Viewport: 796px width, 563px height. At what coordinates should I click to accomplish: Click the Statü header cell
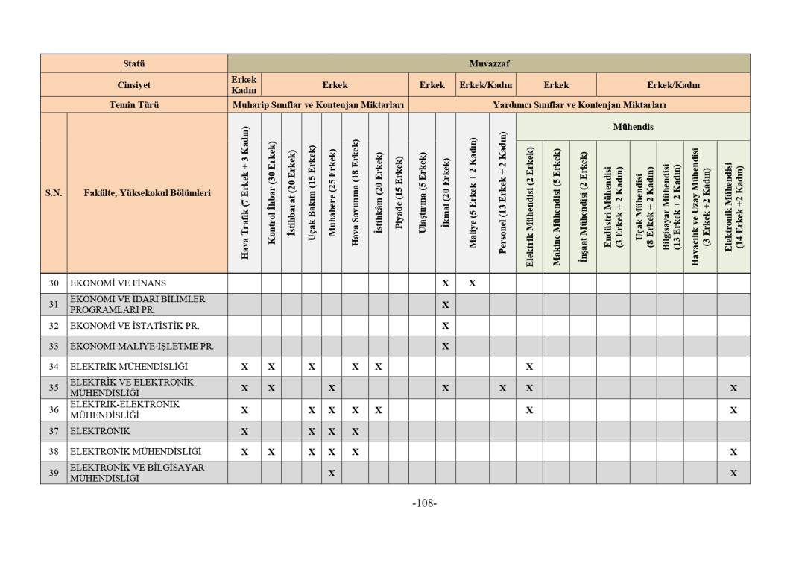pyautogui.click(x=134, y=63)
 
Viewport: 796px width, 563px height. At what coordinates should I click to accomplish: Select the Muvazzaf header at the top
pyautogui.click(x=489, y=63)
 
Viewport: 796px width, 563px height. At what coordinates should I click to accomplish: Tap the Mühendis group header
pyautogui.click(x=633, y=127)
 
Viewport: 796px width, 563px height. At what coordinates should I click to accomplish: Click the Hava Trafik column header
pyautogui.click(x=244, y=193)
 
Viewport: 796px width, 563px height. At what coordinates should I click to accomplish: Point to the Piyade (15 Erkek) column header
pyautogui.click(x=399, y=193)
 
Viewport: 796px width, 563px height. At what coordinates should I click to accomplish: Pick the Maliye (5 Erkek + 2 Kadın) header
pyautogui.click(x=473, y=193)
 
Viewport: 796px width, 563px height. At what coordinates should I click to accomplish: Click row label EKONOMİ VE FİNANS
pyautogui.click(x=118, y=283)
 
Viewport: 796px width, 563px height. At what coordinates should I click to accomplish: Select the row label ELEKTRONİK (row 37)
pyautogui.click(x=100, y=431)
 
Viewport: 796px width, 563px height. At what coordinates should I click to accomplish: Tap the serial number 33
pyautogui.click(x=54, y=346)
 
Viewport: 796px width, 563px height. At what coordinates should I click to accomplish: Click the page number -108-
pyautogui.click(x=424, y=503)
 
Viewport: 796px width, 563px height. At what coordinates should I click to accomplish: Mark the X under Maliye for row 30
pyautogui.click(x=473, y=283)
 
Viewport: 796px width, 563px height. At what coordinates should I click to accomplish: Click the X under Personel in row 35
pyautogui.click(x=502, y=389)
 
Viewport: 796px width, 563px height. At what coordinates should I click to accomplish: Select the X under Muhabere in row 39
pyautogui.click(x=332, y=473)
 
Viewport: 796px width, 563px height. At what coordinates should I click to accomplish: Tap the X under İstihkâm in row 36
pyautogui.click(x=379, y=410)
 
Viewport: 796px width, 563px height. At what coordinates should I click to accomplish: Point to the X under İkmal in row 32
pyautogui.click(x=446, y=326)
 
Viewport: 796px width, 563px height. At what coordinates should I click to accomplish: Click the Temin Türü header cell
pyautogui.click(x=134, y=105)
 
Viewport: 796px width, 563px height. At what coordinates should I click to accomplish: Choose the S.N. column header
pyautogui.click(x=54, y=193)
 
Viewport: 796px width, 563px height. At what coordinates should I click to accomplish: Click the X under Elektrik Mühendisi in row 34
pyautogui.click(x=529, y=367)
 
